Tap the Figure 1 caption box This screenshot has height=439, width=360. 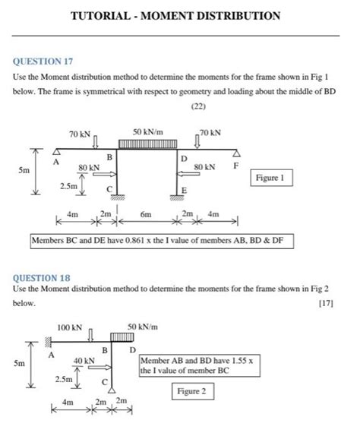click(x=270, y=178)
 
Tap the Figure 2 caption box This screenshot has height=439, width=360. click(x=191, y=391)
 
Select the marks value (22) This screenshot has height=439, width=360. click(x=179, y=106)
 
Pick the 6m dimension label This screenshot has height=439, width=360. click(x=146, y=215)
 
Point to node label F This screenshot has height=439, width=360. click(x=235, y=165)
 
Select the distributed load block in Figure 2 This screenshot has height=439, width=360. click(x=122, y=336)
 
